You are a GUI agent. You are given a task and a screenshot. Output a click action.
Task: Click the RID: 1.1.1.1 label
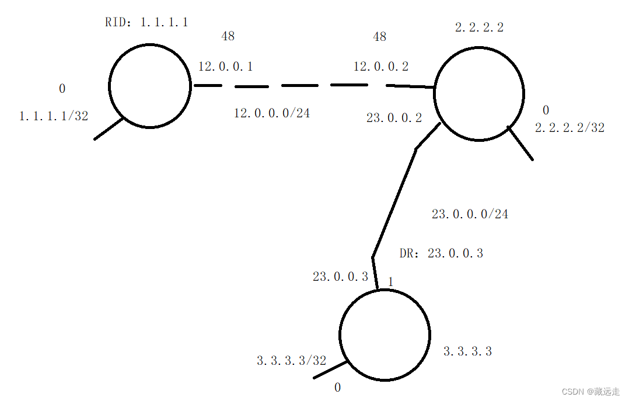(x=146, y=23)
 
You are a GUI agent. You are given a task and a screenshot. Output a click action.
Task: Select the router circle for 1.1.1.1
(x=150, y=86)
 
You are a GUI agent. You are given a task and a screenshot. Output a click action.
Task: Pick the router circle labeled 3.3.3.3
(x=385, y=334)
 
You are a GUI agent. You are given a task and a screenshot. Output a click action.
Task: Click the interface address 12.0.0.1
(x=225, y=67)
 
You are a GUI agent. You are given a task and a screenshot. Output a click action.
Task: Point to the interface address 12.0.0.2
(x=381, y=67)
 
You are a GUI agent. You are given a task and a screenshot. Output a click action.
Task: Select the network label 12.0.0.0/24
(x=272, y=113)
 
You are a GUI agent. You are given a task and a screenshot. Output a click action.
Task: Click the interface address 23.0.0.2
(x=394, y=118)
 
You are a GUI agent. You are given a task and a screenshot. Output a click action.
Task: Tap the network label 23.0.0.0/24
(x=470, y=214)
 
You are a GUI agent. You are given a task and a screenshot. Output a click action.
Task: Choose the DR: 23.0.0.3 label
(x=441, y=253)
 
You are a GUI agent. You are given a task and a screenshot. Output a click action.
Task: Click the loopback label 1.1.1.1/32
(x=54, y=116)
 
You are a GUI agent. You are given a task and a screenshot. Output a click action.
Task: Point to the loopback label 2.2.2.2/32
(x=569, y=128)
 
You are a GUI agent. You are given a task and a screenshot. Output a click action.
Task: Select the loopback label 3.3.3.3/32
(x=292, y=361)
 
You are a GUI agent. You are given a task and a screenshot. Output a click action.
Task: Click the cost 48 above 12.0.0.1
(x=228, y=37)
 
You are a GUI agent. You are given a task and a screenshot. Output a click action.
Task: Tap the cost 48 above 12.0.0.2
(x=379, y=37)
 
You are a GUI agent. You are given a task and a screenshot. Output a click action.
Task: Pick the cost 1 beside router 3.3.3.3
(x=390, y=282)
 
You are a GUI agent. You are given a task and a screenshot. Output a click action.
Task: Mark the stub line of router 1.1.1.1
(x=109, y=129)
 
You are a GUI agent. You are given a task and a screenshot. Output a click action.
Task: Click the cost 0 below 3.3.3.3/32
(x=337, y=388)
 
